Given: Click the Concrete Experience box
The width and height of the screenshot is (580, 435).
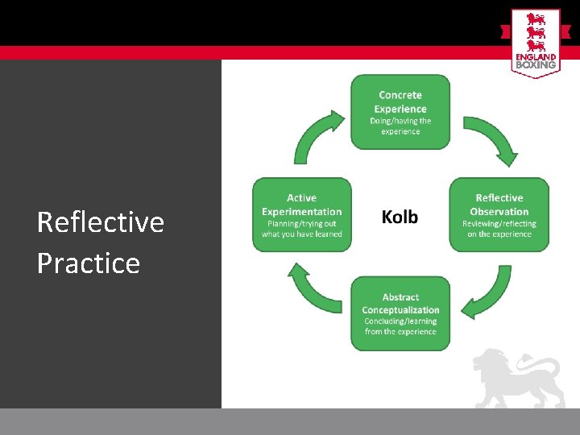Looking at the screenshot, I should point(400,111).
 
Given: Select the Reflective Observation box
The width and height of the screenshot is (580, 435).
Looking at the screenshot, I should point(499,214).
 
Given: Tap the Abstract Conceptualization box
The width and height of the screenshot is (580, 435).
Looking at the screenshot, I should point(400,313).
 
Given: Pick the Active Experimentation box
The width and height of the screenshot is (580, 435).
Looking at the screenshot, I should point(302,214).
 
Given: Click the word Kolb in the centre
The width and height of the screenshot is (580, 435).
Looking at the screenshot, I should point(400,217).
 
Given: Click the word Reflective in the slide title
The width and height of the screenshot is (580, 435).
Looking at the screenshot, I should point(101,222).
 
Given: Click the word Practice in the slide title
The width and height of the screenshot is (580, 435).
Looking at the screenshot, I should point(89,263).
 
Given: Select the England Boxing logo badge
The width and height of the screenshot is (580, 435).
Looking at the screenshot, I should point(535,43).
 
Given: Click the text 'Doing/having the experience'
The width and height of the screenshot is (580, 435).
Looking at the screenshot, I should point(400,126).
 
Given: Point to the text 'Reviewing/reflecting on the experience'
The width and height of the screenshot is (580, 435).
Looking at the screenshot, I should point(499,229).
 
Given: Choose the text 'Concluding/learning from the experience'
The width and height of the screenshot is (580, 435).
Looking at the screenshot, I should point(400,326).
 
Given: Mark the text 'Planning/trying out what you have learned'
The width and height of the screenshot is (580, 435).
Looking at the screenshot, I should point(302,229).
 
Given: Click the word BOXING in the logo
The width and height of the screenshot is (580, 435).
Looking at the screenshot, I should point(535,64).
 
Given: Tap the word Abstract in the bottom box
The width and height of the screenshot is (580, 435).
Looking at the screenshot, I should point(400,297).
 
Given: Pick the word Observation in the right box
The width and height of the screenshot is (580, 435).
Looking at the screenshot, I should point(499,212).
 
